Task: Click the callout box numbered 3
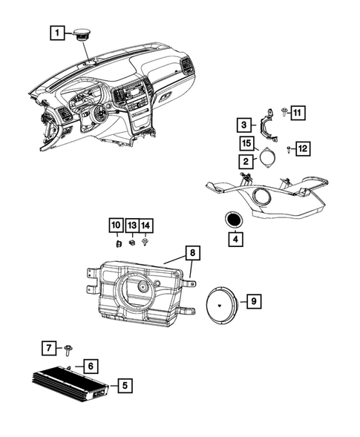(x=243, y=125)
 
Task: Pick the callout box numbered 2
(x=243, y=160)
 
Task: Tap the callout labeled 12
(x=304, y=149)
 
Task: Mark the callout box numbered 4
(x=234, y=240)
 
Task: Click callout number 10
(x=116, y=225)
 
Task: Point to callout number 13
(x=131, y=225)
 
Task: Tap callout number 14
(x=145, y=225)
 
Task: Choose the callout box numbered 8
(x=192, y=254)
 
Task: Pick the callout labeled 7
(x=47, y=347)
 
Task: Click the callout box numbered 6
(x=88, y=366)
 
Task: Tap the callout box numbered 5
(x=124, y=385)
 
